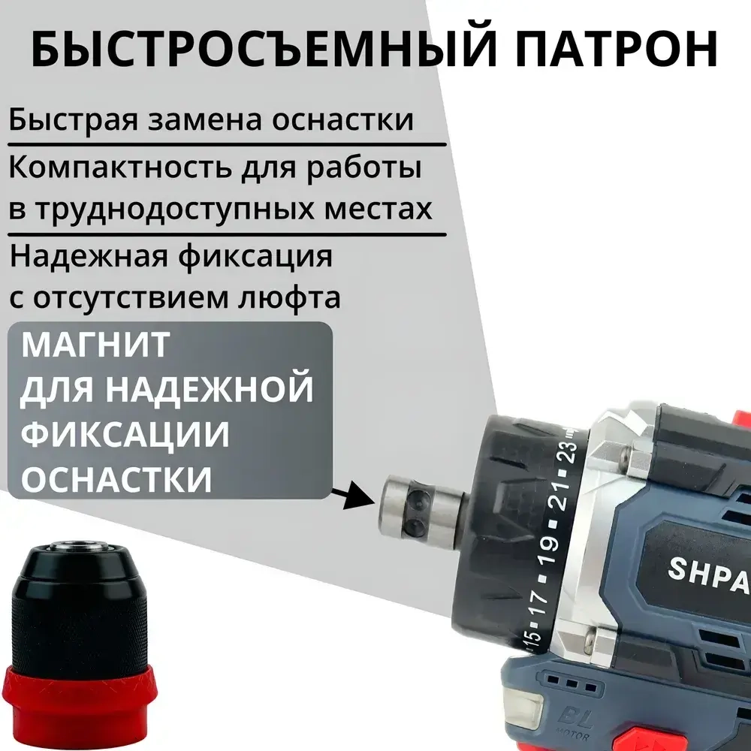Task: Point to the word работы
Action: point(369,167)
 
